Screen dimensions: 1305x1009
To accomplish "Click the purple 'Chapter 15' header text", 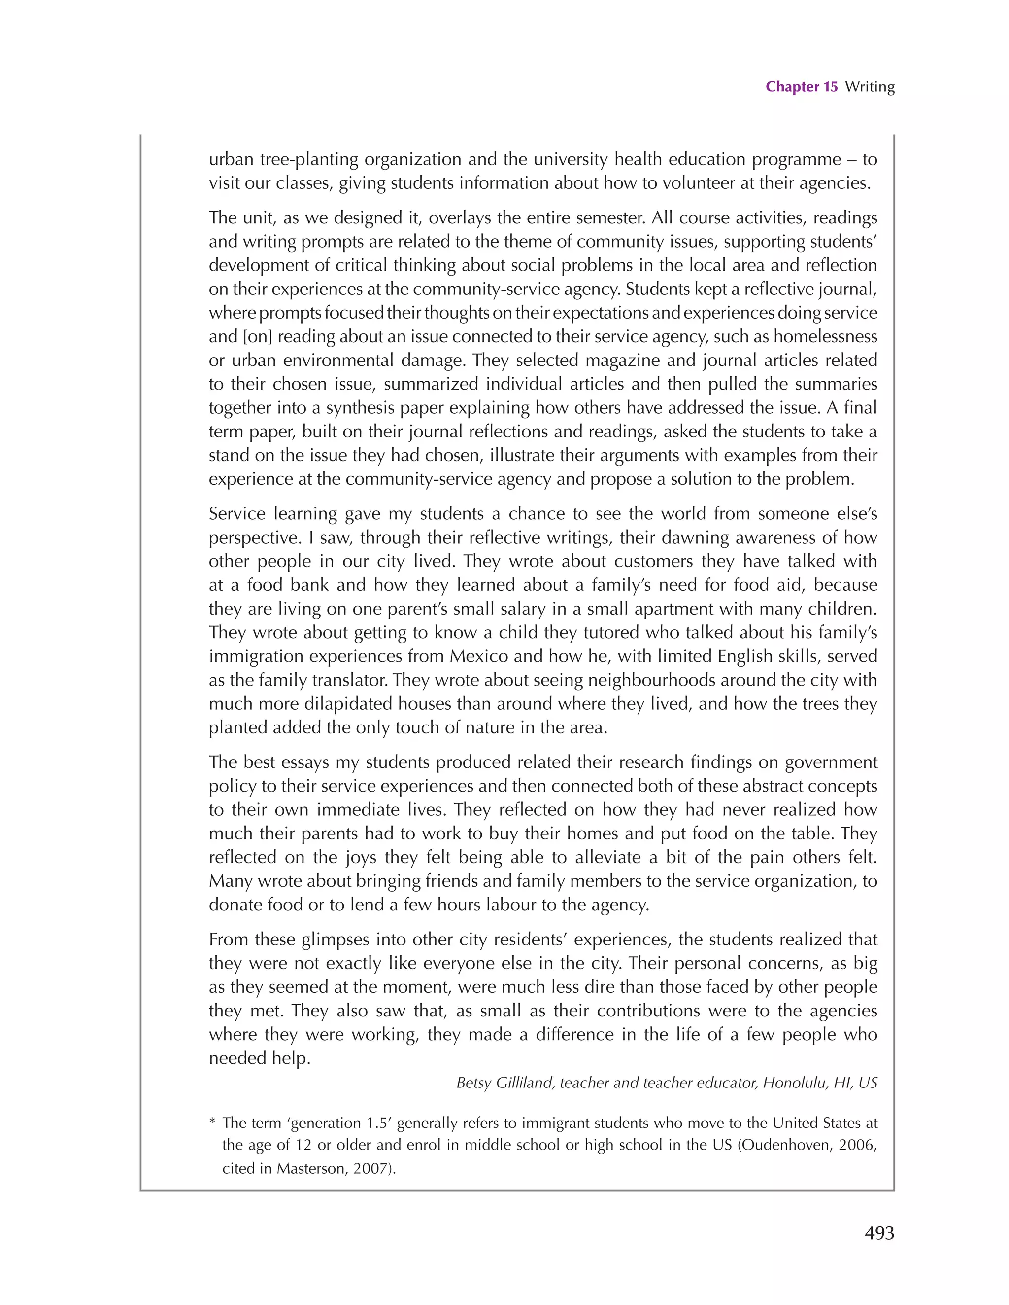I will pyautogui.click(x=801, y=87).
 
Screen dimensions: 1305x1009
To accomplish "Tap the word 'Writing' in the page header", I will pyautogui.click(x=870, y=87).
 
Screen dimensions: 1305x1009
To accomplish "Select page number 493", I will pyautogui.click(x=879, y=1232).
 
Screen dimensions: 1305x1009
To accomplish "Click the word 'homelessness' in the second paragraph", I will pyautogui.click(x=825, y=336).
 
